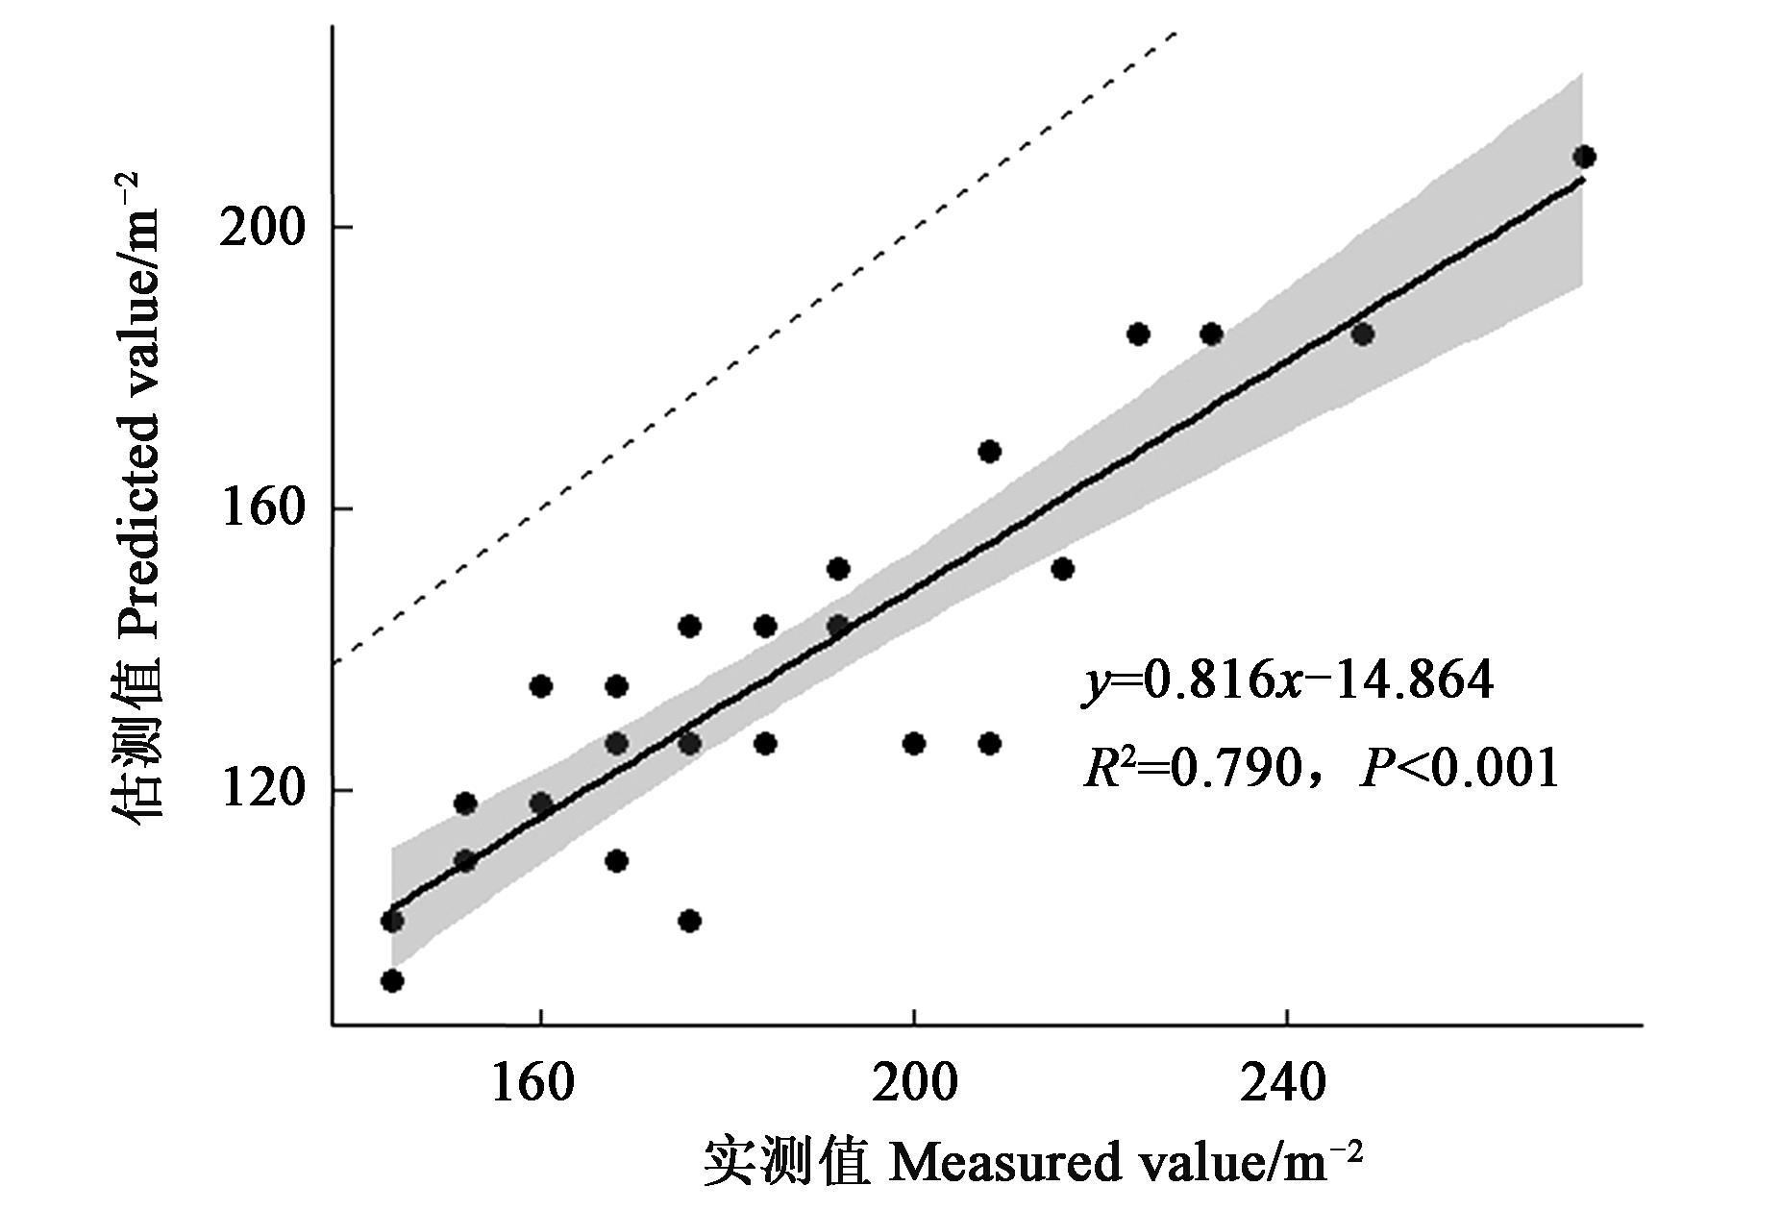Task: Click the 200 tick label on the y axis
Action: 261,228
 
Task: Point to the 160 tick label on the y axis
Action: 261,509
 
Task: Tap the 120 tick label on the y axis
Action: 261,791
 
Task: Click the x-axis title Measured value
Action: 1033,1163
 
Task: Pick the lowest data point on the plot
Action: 392,980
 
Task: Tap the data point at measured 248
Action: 1362,334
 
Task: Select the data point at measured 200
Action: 914,743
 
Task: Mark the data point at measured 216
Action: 1062,568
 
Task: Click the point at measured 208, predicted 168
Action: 989,452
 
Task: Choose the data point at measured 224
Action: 1138,334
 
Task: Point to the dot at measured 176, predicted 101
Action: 689,921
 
